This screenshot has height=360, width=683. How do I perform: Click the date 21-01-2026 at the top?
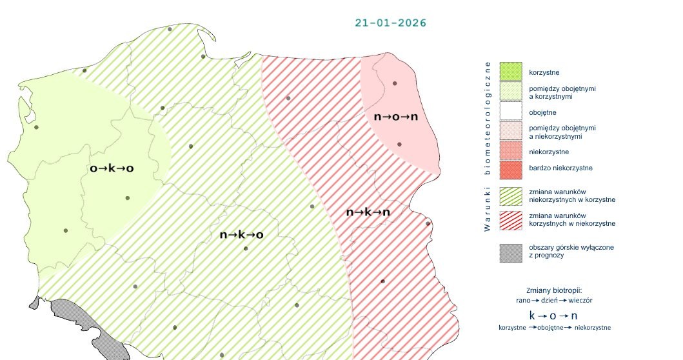click(x=390, y=23)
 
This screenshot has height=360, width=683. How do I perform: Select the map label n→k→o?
click(x=241, y=235)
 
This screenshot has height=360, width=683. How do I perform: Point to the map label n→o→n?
click(x=396, y=117)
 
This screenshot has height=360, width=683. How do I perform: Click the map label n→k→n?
click(x=368, y=212)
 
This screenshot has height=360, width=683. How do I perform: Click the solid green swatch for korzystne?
click(x=510, y=71)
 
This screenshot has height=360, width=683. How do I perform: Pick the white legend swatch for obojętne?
click(x=510, y=112)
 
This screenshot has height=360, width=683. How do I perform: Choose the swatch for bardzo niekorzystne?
click(x=510, y=168)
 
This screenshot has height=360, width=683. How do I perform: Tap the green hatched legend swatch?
click(x=510, y=195)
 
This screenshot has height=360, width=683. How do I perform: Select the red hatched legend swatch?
click(x=510, y=219)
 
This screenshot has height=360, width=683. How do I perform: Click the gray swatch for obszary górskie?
click(x=510, y=252)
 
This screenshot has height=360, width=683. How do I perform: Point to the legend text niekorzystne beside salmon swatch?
click(x=548, y=152)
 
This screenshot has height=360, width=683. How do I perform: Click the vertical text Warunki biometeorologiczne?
click(x=488, y=146)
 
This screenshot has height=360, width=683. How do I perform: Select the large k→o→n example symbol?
click(x=553, y=315)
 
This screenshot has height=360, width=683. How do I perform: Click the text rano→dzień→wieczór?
click(x=554, y=300)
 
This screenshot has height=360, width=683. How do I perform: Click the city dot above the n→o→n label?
click(x=394, y=83)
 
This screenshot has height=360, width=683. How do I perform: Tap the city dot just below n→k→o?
click(x=245, y=248)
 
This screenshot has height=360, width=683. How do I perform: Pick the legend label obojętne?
click(x=542, y=112)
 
